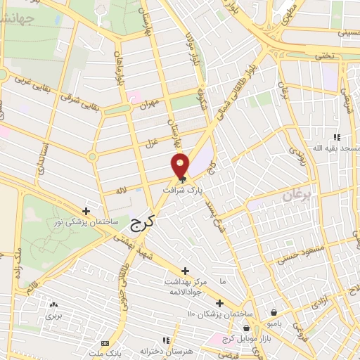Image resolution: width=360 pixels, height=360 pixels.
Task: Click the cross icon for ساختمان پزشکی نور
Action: tap(86, 210)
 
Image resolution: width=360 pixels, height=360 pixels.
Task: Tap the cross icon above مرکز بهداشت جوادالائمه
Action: tap(186, 271)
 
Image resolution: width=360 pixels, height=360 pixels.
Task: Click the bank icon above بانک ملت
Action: tap(105, 342)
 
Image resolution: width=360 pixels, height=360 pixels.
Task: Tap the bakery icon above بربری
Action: tap(53, 305)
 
